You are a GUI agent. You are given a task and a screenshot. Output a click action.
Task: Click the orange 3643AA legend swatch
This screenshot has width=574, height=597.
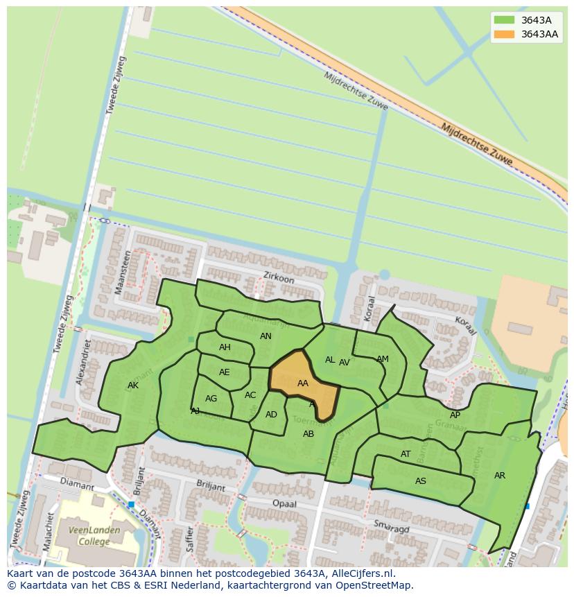coord(504,34)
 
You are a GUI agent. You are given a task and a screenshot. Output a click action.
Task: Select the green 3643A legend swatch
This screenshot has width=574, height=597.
coord(504,19)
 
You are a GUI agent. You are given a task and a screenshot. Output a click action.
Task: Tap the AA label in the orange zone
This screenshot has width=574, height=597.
coord(302,383)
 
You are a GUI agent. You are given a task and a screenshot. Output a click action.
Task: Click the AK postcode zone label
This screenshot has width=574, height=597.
coord(133,386)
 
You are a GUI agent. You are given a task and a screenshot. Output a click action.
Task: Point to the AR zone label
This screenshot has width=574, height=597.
coord(500,476)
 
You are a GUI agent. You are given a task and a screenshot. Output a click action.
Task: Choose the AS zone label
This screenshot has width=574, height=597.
coord(421,481)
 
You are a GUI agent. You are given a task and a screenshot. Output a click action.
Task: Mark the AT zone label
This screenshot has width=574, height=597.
coord(406,454)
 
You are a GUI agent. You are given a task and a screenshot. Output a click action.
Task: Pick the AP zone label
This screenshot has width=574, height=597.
coord(455,415)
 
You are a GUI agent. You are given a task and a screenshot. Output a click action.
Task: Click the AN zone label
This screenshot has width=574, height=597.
coord(266,336)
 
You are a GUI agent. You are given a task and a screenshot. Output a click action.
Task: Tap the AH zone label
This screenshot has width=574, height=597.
coord(225,347)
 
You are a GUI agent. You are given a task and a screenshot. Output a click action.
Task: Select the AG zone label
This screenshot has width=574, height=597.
coord(211,399)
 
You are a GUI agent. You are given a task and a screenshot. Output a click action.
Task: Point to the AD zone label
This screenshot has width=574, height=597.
coord(271,415)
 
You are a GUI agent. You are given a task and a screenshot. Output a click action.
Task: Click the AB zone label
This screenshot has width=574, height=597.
coord(308,434)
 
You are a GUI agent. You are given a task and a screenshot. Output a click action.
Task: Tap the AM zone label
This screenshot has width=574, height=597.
coord(383,359)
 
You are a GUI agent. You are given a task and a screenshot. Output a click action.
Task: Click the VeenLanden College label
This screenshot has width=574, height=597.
coord(94,535)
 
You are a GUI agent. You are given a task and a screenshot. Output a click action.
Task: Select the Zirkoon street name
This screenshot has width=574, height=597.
coord(279,277)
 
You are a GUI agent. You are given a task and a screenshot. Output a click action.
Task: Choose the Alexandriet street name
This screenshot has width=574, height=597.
coord(84,363)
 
